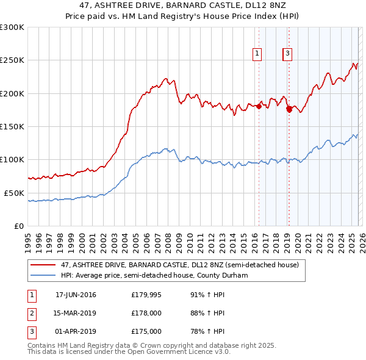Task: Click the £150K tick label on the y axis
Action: (x=12, y=126)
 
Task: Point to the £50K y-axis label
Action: (x=14, y=193)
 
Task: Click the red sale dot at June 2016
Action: (x=259, y=106)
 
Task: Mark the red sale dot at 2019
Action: (x=289, y=109)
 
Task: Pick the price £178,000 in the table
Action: (x=146, y=313)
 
